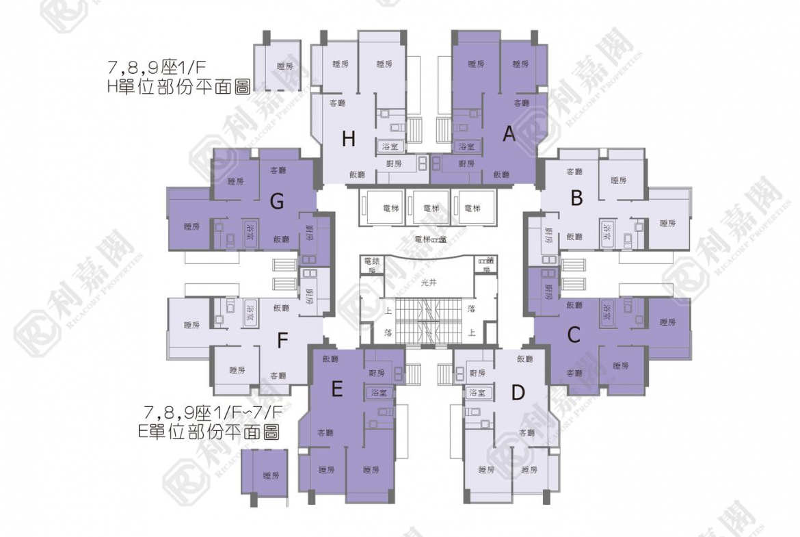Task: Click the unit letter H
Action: tap(349, 139)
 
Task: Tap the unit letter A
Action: tap(509, 135)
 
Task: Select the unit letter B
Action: tap(576, 199)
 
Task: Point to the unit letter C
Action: tap(574, 335)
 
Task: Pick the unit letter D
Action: tap(518, 393)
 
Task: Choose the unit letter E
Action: tap(336, 389)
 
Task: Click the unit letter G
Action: tap(277, 201)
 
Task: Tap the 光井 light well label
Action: tap(429, 282)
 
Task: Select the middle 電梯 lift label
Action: tap(431, 207)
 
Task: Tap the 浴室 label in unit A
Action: tap(466, 146)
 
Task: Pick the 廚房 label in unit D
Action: tap(477, 374)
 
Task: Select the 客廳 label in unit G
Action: tap(278, 170)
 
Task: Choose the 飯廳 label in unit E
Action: tap(330, 359)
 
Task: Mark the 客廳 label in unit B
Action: tap(574, 172)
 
